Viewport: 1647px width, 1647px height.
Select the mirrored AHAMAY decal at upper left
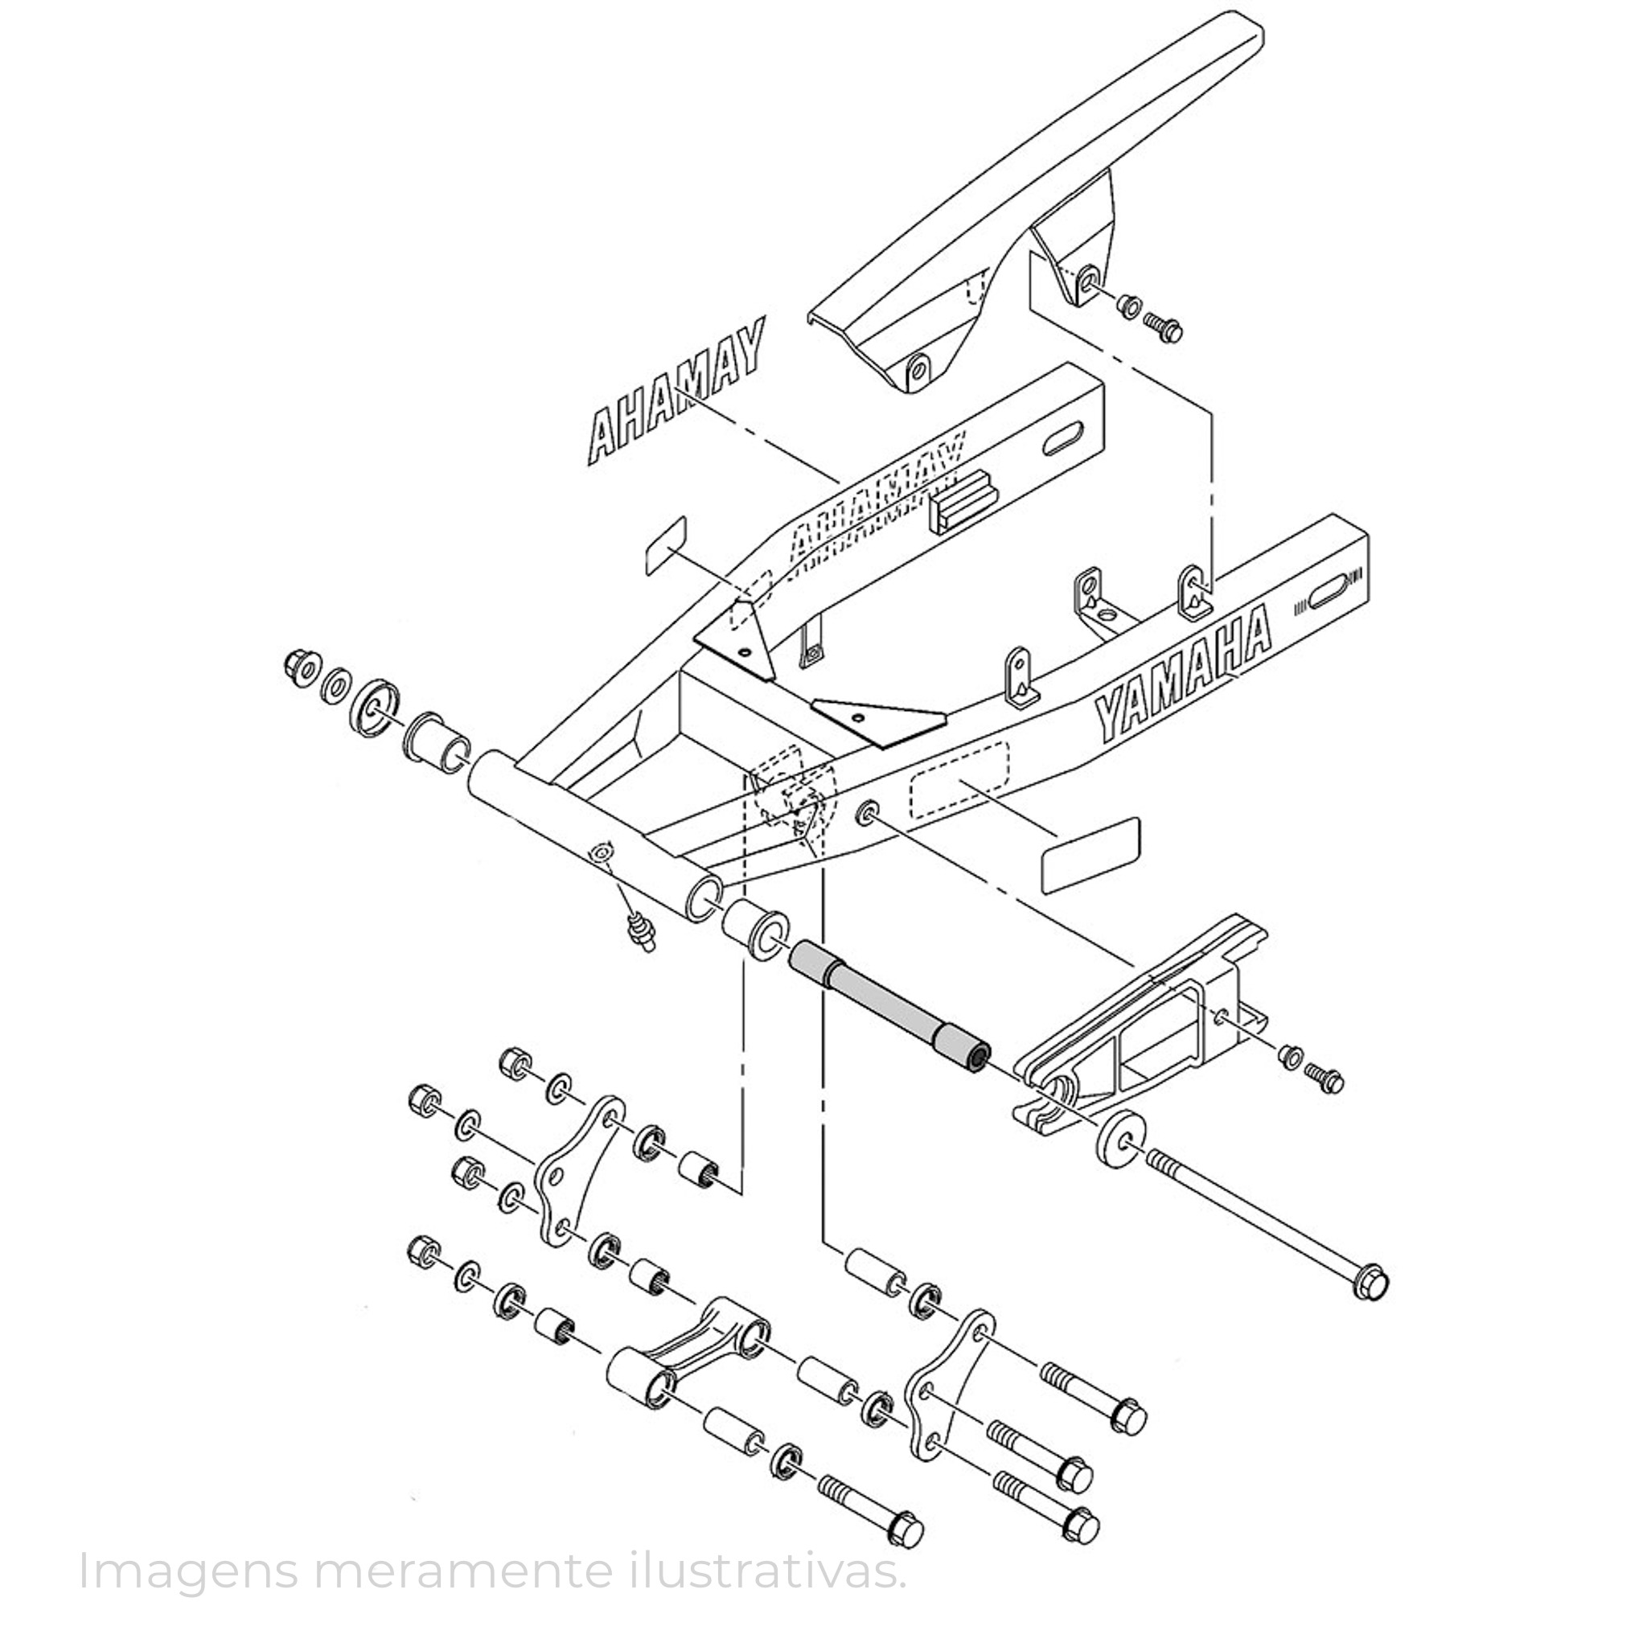[x=676, y=392]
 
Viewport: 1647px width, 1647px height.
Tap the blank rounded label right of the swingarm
[x=1091, y=855]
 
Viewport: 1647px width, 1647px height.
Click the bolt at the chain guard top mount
[x=1163, y=326]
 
